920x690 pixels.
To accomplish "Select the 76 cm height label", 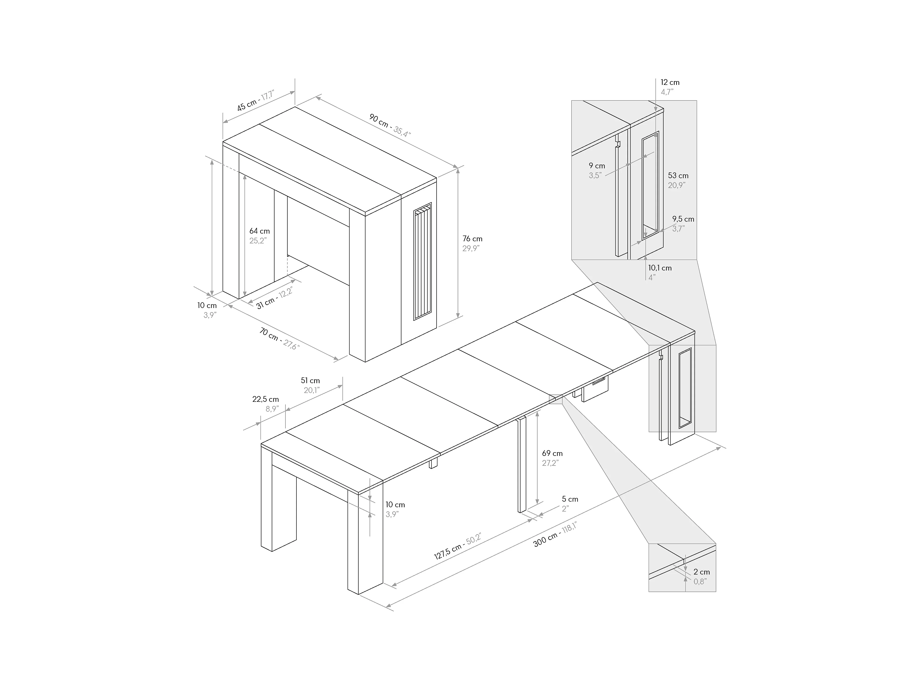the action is tap(472, 243).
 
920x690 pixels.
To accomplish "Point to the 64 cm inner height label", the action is tap(259, 236).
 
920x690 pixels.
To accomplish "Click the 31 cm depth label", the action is tap(274, 298).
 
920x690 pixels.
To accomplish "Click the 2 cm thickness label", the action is tap(702, 576).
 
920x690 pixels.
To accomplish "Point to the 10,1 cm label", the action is tap(660, 272).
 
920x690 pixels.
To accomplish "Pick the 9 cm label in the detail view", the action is tap(596, 170).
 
